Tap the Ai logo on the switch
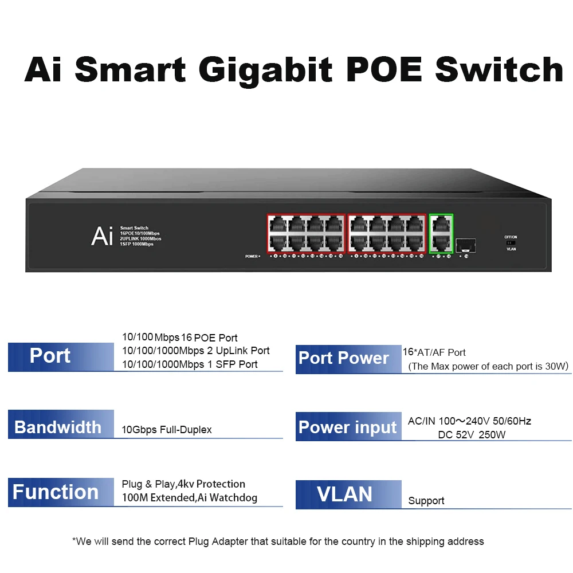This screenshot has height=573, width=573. point(101,236)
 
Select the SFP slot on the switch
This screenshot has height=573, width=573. point(465,245)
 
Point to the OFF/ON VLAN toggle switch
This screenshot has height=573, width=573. point(511,243)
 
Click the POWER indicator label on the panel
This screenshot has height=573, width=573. point(252,256)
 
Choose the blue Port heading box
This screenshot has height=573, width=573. point(61,356)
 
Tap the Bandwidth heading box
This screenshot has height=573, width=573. point(61,427)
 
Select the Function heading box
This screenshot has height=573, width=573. point(61,492)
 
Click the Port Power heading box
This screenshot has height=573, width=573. point(348,359)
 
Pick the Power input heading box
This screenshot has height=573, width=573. point(348,427)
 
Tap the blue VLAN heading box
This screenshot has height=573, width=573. point(348,494)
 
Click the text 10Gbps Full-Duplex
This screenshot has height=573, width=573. point(167,430)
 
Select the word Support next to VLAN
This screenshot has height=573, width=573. point(426,501)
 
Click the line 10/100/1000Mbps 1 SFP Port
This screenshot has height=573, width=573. point(190,364)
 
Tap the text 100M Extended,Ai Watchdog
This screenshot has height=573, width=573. point(190,498)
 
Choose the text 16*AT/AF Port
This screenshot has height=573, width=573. point(434,352)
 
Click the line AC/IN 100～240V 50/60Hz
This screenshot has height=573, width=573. point(469,421)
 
